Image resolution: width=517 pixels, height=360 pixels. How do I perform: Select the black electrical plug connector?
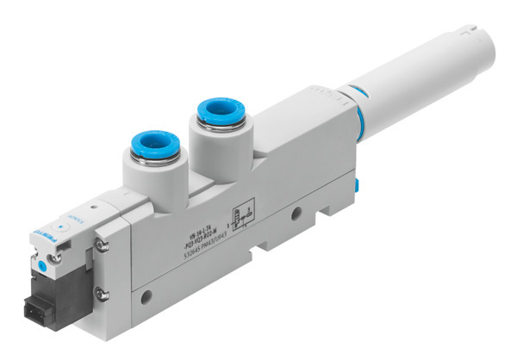pos(53,320)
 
